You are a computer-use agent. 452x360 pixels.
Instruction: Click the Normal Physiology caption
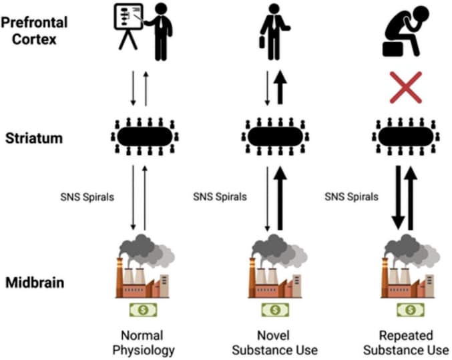pyautogui.click(x=142, y=341)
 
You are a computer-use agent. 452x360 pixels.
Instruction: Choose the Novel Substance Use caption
pyautogui.click(x=277, y=341)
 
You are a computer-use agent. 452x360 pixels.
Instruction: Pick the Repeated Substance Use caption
pyautogui.click(x=410, y=341)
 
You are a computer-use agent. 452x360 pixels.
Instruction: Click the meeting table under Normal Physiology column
pyautogui.click(x=142, y=136)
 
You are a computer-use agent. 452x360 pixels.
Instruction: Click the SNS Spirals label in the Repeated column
pyautogui.click(x=351, y=197)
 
